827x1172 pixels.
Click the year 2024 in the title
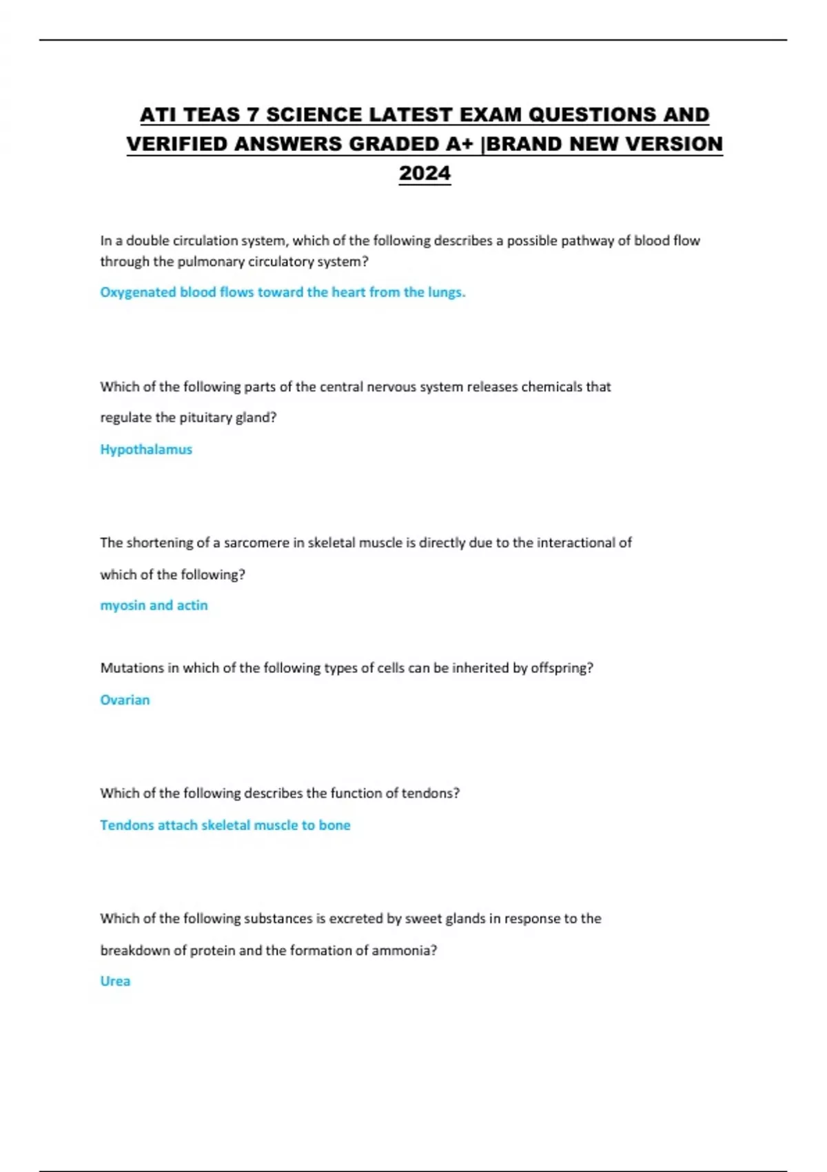(x=425, y=173)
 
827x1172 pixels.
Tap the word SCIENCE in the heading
(x=314, y=114)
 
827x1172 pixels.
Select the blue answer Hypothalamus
(x=146, y=449)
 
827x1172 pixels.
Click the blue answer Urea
(x=115, y=981)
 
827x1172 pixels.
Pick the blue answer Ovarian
(x=125, y=700)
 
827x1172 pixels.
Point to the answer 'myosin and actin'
(x=154, y=605)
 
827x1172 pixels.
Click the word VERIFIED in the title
(x=176, y=144)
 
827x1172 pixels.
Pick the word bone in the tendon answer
(x=334, y=825)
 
